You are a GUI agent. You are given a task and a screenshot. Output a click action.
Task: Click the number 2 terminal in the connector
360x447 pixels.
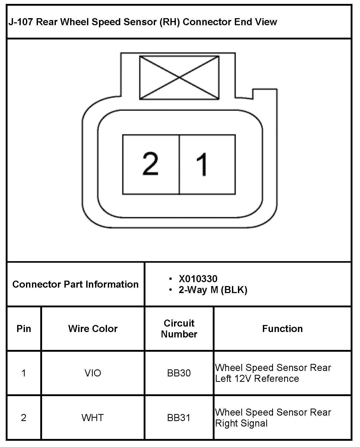tap(151, 164)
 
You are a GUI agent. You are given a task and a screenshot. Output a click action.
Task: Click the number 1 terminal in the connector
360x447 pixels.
tap(207, 164)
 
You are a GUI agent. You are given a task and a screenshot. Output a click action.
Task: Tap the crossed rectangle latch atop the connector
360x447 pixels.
tap(179, 78)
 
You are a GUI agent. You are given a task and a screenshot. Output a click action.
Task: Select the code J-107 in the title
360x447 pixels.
tap(21, 22)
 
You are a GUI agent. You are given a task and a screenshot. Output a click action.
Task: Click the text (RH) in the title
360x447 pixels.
tap(170, 22)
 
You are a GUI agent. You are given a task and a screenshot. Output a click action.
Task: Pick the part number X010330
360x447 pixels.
tap(198, 279)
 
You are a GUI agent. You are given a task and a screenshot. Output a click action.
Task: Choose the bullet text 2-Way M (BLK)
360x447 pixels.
tap(213, 290)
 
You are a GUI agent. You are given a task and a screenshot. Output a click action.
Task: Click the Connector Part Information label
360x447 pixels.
tap(75, 284)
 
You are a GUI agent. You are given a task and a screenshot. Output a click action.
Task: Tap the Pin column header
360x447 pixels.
tap(24, 329)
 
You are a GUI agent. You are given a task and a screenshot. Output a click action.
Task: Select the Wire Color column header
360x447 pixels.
tap(93, 329)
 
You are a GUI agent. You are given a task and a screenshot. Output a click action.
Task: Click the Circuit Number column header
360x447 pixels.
tap(179, 329)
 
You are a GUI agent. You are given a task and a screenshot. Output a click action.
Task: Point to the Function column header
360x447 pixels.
tap(282, 329)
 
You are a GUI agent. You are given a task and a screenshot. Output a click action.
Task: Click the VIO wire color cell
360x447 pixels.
tap(93, 373)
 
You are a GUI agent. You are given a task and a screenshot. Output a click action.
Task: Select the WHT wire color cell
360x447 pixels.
tap(93, 418)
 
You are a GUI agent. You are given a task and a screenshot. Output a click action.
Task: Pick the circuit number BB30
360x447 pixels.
tap(179, 373)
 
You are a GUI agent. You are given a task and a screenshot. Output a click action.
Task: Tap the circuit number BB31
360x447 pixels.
tap(179, 418)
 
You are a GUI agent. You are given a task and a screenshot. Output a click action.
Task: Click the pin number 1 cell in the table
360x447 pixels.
tap(24, 373)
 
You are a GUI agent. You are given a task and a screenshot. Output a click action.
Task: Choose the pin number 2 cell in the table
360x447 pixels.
tap(24, 418)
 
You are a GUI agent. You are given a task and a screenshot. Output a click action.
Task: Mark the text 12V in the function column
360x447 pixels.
tap(243, 379)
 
